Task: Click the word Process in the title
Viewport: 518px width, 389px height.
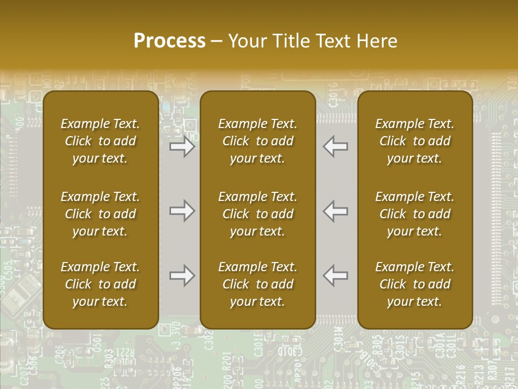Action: (169, 41)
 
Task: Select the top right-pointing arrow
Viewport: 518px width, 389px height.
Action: (182, 146)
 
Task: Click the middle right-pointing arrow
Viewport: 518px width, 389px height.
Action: (182, 211)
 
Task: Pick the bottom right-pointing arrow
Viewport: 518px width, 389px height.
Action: (182, 276)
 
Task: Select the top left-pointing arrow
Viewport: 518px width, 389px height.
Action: (336, 146)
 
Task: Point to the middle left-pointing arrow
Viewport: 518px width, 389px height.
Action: (336, 211)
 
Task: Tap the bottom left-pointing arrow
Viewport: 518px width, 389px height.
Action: (336, 276)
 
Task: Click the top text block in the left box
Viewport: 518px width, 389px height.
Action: (100, 141)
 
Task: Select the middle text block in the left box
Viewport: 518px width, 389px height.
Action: (100, 214)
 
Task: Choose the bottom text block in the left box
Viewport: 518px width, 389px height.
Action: (100, 284)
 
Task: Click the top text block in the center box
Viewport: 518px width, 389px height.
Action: (257, 141)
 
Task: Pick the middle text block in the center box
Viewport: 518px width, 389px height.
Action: (257, 214)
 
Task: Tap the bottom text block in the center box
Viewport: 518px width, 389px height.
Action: (257, 284)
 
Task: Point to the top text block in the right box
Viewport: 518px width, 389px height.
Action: (414, 141)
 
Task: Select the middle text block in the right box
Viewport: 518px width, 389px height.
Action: (414, 214)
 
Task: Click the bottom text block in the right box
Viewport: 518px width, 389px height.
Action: (414, 284)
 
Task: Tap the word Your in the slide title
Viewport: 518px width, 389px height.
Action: (248, 41)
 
